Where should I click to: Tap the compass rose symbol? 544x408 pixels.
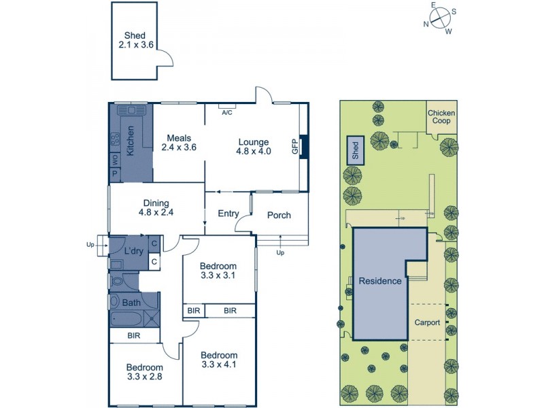439,17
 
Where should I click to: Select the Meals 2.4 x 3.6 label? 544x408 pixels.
179,141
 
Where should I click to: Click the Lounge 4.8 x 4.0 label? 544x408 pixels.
254,147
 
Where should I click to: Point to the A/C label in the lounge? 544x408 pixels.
227,113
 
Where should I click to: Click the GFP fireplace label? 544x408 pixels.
294,146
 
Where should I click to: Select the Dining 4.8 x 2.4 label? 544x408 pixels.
156,207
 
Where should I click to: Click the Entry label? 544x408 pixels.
228,214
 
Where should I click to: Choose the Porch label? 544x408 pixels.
279,216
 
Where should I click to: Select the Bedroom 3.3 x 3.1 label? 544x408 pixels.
218,271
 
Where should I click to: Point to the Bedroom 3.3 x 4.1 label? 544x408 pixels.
219,360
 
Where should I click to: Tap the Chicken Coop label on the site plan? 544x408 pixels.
441,117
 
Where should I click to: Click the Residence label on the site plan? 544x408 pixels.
380,281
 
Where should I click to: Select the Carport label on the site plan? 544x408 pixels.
427,322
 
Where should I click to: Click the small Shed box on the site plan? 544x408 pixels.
355,150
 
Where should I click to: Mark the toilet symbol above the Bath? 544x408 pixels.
118,279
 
